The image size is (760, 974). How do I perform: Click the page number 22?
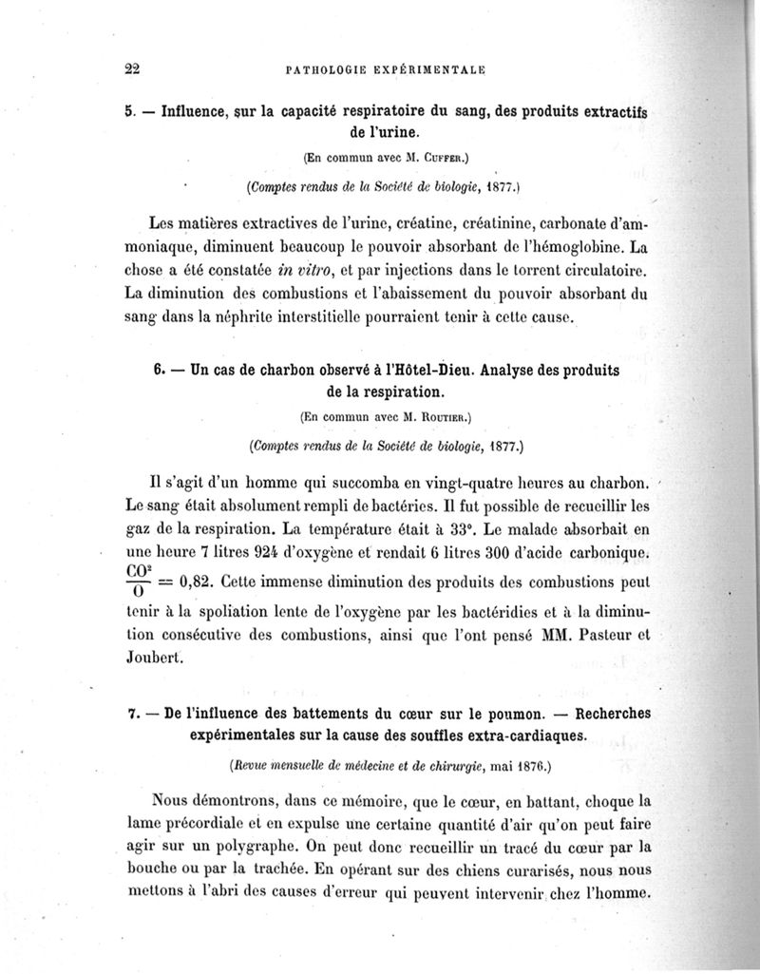point(132,68)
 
